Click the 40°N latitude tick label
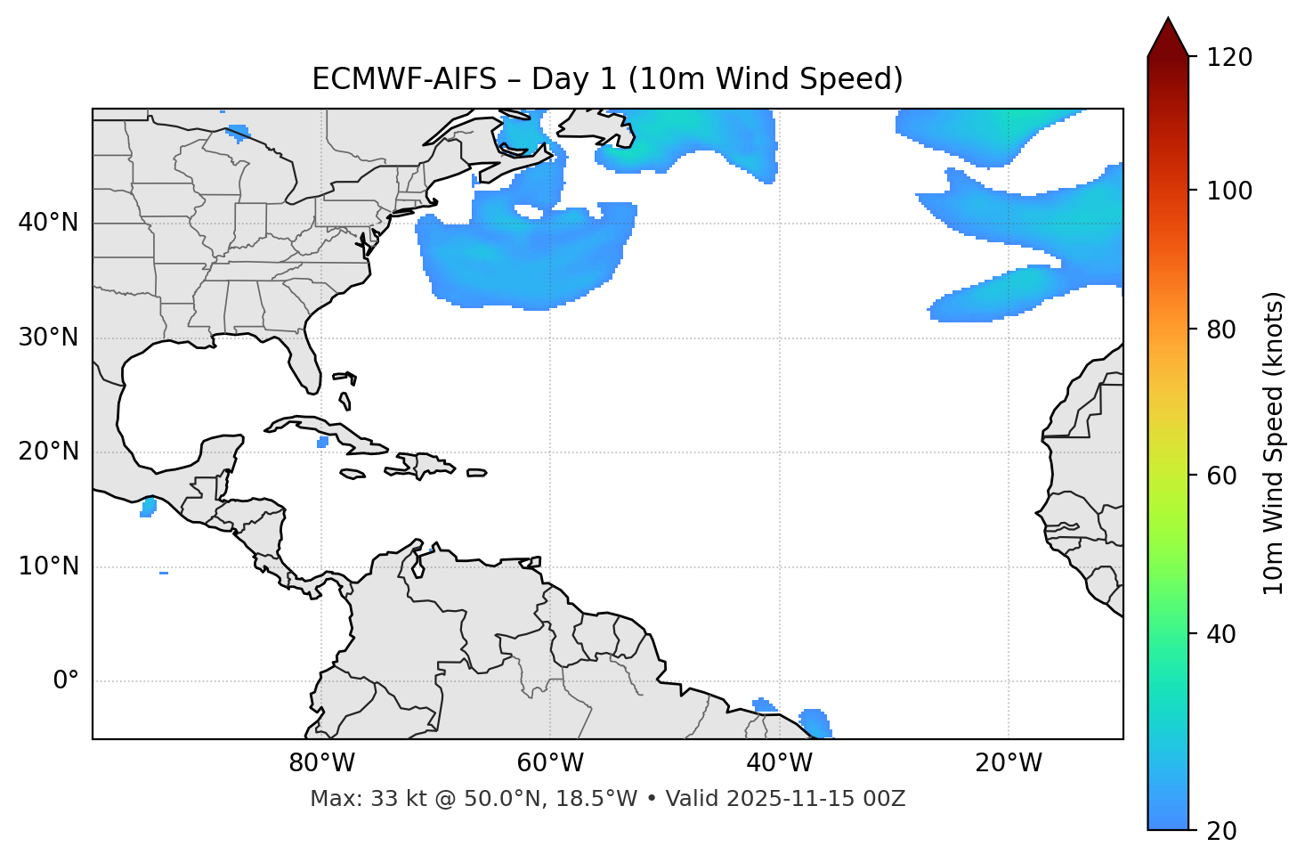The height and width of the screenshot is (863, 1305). click(48, 223)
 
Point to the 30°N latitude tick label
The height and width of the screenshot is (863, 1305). click(48, 338)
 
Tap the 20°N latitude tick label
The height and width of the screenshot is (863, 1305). click(48, 452)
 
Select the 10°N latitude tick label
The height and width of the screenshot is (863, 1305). click(48, 566)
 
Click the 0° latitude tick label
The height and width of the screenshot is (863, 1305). click(65, 681)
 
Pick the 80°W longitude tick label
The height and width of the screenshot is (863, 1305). click(321, 763)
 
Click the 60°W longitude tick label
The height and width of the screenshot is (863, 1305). click(550, 763)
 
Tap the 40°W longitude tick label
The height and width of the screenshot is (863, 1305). click(780, 763)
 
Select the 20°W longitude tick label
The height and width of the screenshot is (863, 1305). click(1009, 763)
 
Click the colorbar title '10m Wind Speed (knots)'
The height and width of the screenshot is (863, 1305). click(1274, 443)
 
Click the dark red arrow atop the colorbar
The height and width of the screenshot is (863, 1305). click(1168, 38)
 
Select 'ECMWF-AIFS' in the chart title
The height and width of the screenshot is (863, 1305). click(403, 79)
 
